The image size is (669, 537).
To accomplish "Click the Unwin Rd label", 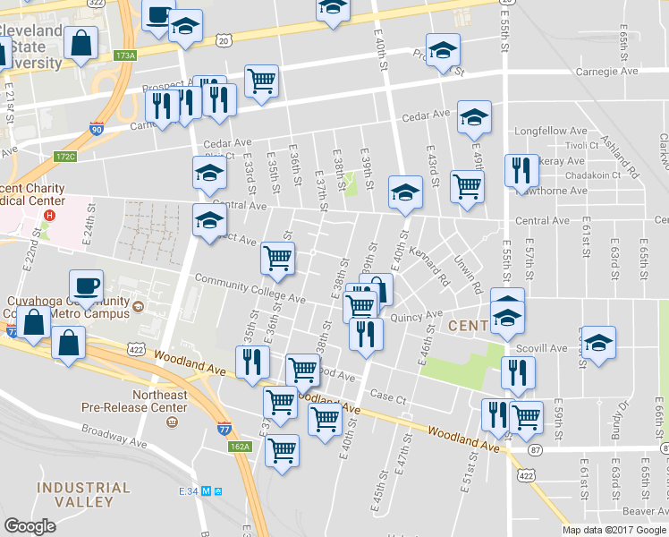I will click(468, 276).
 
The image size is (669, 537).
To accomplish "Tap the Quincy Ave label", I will click(416, 315).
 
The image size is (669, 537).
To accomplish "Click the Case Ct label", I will click(388, 396).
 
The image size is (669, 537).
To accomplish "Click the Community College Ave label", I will click(250, 289).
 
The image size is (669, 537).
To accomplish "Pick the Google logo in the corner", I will click(30, 526).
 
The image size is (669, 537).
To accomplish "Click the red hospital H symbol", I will click(50, 216).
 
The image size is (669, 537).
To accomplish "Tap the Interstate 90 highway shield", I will click(96, 129).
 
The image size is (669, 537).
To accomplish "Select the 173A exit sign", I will click(124, 55).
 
